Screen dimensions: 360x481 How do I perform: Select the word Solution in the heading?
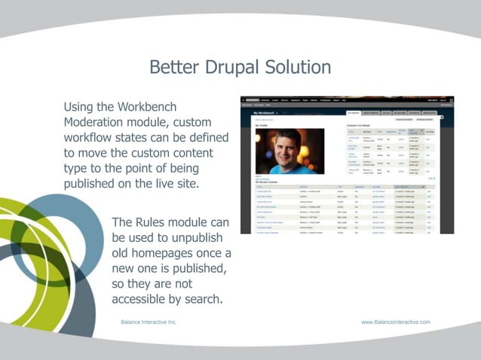[296, 67]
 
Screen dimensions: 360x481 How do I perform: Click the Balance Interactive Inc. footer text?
[149, 322]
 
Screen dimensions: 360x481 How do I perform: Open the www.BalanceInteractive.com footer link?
[396, 322]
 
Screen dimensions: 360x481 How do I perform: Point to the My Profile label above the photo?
[262, 125]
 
